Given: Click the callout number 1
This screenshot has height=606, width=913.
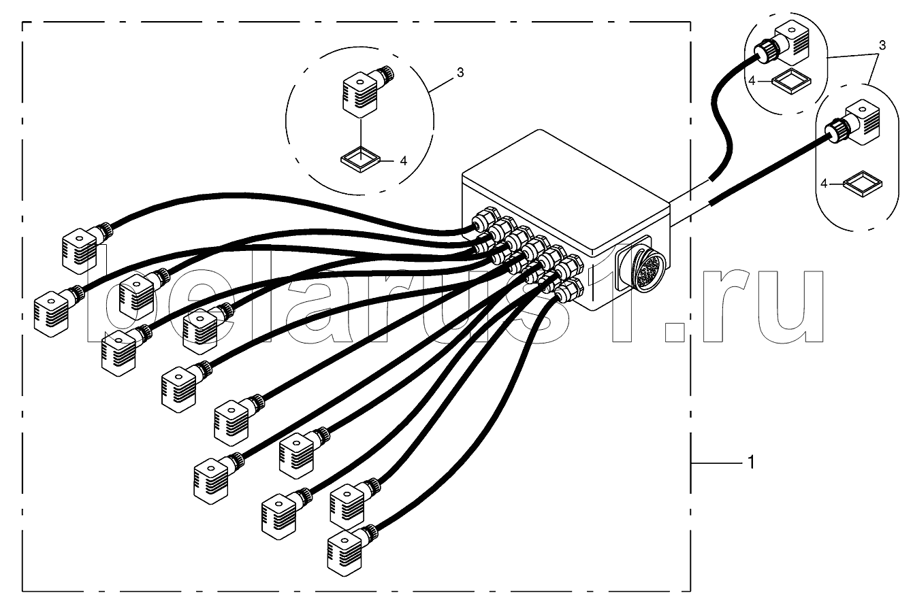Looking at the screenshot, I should point(750,462).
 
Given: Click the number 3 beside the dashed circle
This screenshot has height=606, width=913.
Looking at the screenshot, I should point(460,73).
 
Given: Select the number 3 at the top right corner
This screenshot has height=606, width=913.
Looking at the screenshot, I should point(882,46).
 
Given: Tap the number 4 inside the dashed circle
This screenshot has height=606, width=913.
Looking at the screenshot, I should point(403,161).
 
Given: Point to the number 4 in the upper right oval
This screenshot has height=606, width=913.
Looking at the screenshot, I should point(752,81).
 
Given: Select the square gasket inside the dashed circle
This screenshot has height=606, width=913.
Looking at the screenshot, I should point(360,161).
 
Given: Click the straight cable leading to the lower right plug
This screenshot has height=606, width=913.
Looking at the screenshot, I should point(763,171).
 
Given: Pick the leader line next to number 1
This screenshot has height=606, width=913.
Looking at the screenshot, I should point(715,462).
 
